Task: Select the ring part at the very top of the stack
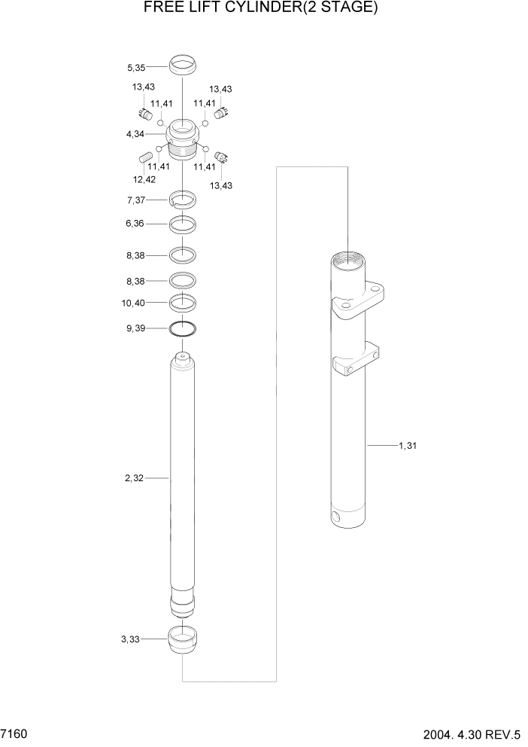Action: (x=183, y=66)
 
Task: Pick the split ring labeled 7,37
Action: (x=183, y=200)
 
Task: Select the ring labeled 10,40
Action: (x=183, y=303)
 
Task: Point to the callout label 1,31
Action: (x=407, y=446)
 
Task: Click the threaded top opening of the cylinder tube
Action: (x=348, y=260)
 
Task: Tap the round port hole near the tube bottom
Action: (x=335, y=517)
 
